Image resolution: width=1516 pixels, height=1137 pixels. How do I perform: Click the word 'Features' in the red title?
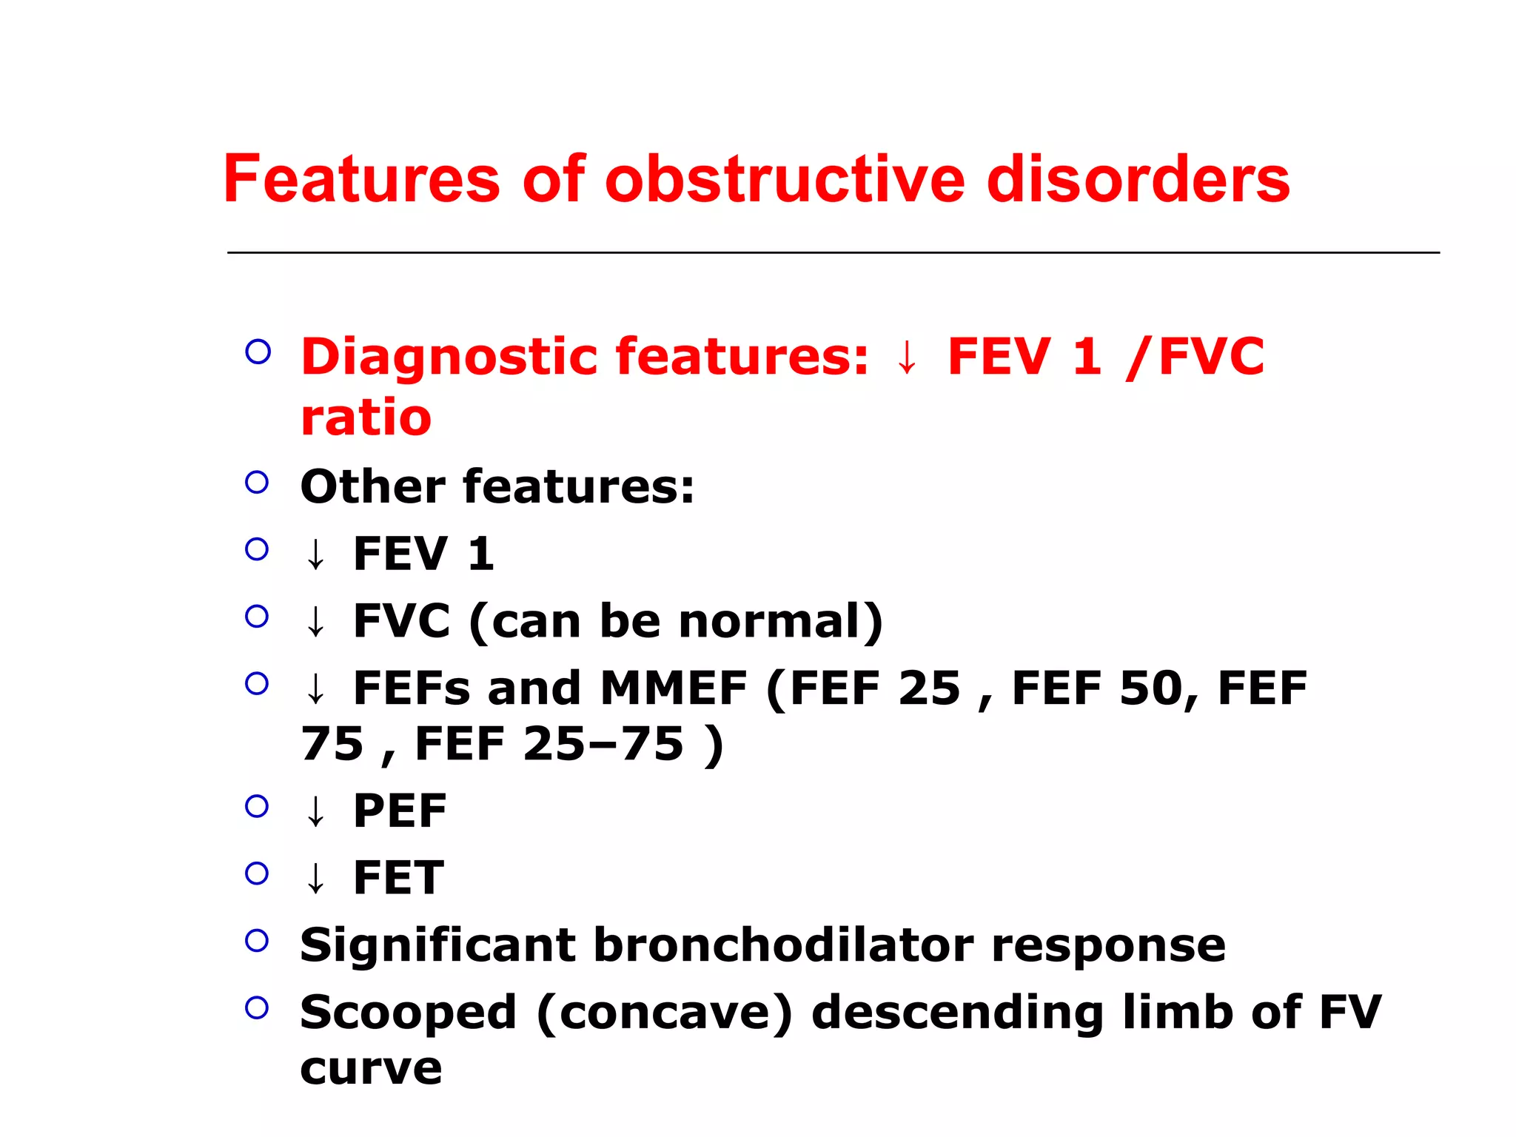coord(361,179)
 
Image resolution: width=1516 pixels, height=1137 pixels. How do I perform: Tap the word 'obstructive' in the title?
coord(785,179)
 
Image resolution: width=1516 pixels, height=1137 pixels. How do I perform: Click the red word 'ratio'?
coord(366,417)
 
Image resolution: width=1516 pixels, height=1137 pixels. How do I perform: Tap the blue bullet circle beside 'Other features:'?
coord(257,483)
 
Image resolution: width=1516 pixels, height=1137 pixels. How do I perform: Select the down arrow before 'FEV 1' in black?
coord(316,554)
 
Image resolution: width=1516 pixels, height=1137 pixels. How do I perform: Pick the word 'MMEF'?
coord(674,688)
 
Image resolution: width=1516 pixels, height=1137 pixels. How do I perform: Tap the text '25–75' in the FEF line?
coord(603,744)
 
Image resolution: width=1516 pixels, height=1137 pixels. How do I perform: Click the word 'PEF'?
coord(400,811)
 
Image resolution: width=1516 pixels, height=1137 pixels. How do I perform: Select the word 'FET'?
coord(398,878)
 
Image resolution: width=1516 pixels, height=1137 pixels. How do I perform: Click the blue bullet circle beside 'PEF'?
coord(257,806)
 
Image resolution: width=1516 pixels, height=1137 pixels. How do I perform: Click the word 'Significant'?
coord(437,945)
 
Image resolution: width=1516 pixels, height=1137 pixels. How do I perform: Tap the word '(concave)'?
coord(664,1013)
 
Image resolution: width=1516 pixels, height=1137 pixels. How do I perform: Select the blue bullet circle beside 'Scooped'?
coord(257,1007)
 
